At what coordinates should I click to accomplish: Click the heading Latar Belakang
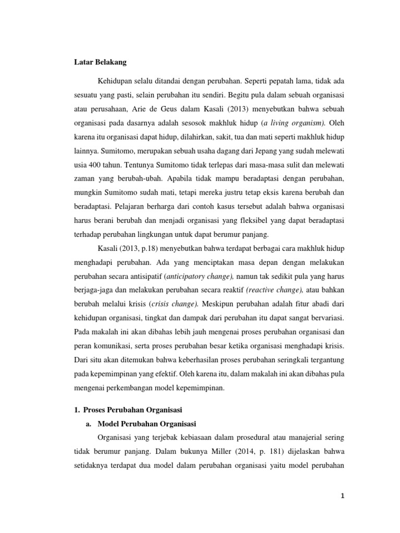click(99, 62)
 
